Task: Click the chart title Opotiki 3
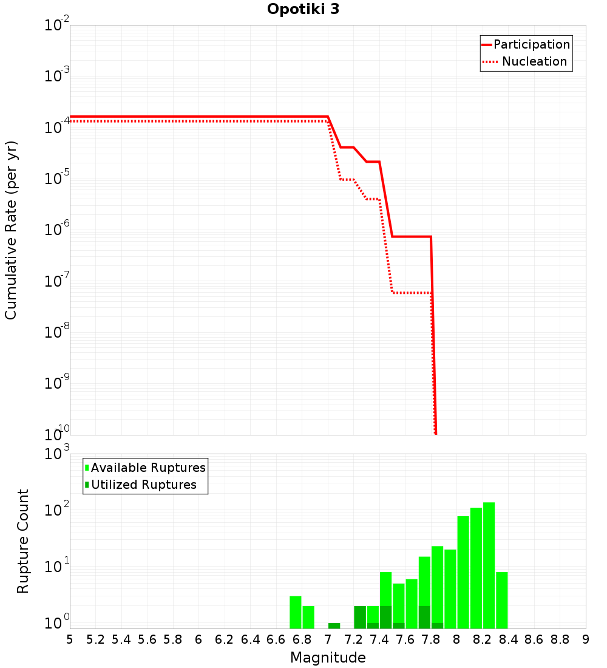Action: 303,9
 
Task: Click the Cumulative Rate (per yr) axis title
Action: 11,230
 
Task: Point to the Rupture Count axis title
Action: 23,541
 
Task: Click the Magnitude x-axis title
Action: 328,658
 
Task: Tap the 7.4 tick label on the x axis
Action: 379,639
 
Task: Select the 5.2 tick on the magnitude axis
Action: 96,639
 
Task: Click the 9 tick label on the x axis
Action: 585,639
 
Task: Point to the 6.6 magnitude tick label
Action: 276,639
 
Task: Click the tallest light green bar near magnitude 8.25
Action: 489,565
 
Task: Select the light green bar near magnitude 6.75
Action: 296,612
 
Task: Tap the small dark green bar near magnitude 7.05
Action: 334,625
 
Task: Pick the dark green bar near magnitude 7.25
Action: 360,617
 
